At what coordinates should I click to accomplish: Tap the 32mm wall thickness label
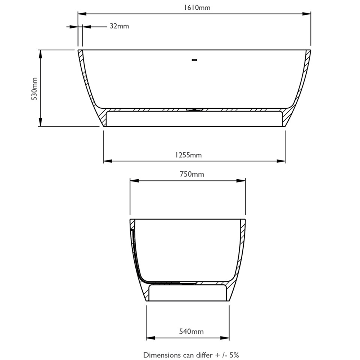(x=119, y=26)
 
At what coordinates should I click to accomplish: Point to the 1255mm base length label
(x=188, y=155)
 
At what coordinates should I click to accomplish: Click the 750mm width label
(x=192, y=175)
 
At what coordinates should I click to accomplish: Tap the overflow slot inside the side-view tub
(x=194, y=60)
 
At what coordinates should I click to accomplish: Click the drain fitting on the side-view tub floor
(x=194, y=109)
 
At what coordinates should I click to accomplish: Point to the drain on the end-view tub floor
(x=187, y=283)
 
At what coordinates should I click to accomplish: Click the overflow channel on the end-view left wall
(x=134, y=252)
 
